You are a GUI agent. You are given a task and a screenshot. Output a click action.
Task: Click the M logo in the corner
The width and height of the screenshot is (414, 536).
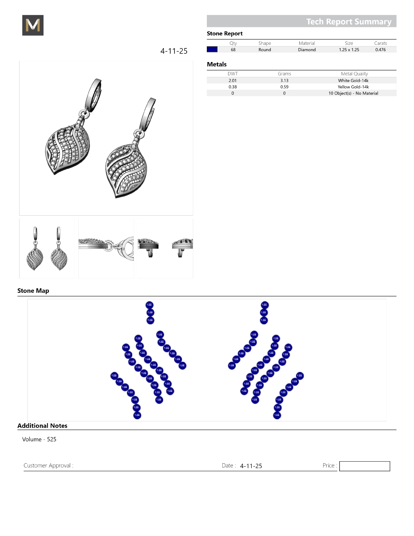point(33,25)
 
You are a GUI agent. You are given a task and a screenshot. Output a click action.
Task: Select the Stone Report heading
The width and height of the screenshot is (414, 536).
point(225,33)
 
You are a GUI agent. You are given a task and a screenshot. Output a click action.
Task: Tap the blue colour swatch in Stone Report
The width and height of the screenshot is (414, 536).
point(212,49)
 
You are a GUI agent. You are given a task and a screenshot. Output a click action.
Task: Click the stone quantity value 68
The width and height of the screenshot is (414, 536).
point(233,50)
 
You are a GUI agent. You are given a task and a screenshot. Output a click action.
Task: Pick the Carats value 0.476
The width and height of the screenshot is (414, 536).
point(380,50)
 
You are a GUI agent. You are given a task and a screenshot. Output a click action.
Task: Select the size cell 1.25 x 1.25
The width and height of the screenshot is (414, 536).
point(349,50)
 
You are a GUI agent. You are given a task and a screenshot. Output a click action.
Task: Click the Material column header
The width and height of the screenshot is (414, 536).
point(307,43)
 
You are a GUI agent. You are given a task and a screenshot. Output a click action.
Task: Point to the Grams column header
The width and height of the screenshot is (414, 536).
point(284,74)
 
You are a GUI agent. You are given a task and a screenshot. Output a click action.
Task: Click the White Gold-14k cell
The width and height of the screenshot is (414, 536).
point(353,81)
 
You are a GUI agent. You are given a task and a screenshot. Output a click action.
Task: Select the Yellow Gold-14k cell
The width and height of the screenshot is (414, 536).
point(353,87)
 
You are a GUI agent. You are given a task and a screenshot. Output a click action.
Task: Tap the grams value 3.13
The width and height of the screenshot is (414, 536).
point(284,81)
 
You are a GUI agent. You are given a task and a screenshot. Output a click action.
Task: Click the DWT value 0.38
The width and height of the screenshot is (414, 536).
point(232,87)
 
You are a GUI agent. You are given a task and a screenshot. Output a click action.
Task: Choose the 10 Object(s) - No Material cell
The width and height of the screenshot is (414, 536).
point(353,93)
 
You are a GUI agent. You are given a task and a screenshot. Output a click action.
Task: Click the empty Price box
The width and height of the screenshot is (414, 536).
point(364,466)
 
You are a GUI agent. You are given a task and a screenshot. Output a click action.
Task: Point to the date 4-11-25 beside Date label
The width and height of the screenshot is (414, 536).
point(251,466)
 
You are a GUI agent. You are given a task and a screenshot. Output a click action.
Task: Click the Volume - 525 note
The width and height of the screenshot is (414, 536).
point(39,439)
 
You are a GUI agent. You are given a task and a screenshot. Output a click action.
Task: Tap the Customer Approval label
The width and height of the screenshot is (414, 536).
point(48,466)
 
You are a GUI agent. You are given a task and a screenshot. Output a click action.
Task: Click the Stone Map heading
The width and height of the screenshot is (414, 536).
point(33,291)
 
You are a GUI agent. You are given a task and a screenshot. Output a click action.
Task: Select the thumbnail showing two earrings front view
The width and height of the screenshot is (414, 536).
point(47,249)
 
